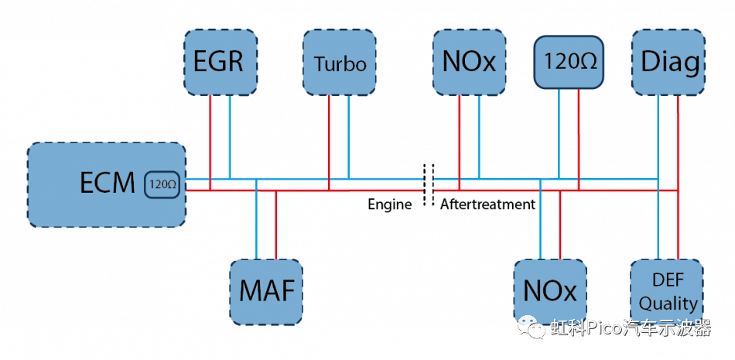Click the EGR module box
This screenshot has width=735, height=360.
(220, 63)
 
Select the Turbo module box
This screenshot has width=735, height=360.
(339, 63)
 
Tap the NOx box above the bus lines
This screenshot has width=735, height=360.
(469, 63)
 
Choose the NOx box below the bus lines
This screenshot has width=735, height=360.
(550, 291)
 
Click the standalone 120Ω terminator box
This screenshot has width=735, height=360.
(569, 61)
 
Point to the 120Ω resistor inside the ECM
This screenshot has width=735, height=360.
(162, 185)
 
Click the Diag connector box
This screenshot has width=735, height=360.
(669, 63)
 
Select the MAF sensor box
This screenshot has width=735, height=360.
(266, 292)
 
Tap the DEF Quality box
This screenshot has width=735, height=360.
(668, 291)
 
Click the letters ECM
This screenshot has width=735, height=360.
(108, 183)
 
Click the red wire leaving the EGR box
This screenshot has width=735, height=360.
(210, 139)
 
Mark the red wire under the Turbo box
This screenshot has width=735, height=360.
(329, 139)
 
